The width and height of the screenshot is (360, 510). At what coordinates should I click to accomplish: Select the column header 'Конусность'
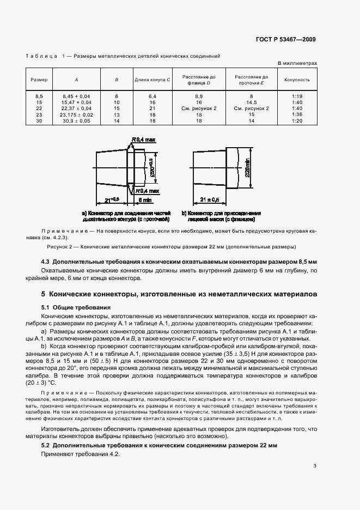[x=297, y=80]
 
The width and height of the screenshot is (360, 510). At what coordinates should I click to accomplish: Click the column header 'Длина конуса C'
[x=152, y=80]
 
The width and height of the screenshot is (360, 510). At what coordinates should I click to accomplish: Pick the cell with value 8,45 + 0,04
[x=76, y=96]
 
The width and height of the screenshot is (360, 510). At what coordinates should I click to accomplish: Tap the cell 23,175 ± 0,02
[x=76, y=115]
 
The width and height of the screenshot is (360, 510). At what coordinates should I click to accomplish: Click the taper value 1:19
[x=297, y=96]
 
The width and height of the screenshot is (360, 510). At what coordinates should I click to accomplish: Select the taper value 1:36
[x=297, y=115]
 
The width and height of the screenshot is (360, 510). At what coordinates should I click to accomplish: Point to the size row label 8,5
[x=39, y=96]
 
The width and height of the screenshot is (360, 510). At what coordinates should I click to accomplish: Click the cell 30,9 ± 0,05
[x=76, y=121]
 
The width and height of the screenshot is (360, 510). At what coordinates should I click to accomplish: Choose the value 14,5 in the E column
[x=251, y=102]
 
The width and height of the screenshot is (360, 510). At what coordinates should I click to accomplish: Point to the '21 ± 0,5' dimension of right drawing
[x=209, y=201]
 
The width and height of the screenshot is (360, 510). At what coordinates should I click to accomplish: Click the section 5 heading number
[x=43, y=294]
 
